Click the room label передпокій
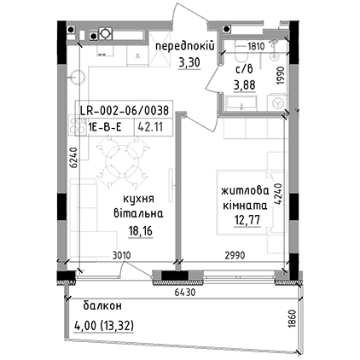coord(184,46)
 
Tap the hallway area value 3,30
coord(189,62)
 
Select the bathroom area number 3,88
coord(244,84)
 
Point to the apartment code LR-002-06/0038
coord(125,110)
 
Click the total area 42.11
coord(150,126)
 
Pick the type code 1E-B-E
coord(105,127)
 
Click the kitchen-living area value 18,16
coord(141,231)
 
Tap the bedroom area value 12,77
coord(247,220)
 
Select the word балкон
coord(102,306)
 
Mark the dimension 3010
coord(121,255)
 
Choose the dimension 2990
coord(235,255)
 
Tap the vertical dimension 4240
coord(278,194)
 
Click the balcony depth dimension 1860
coord(293,318)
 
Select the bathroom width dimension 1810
coord(256,46)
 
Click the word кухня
coord(138,199)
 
